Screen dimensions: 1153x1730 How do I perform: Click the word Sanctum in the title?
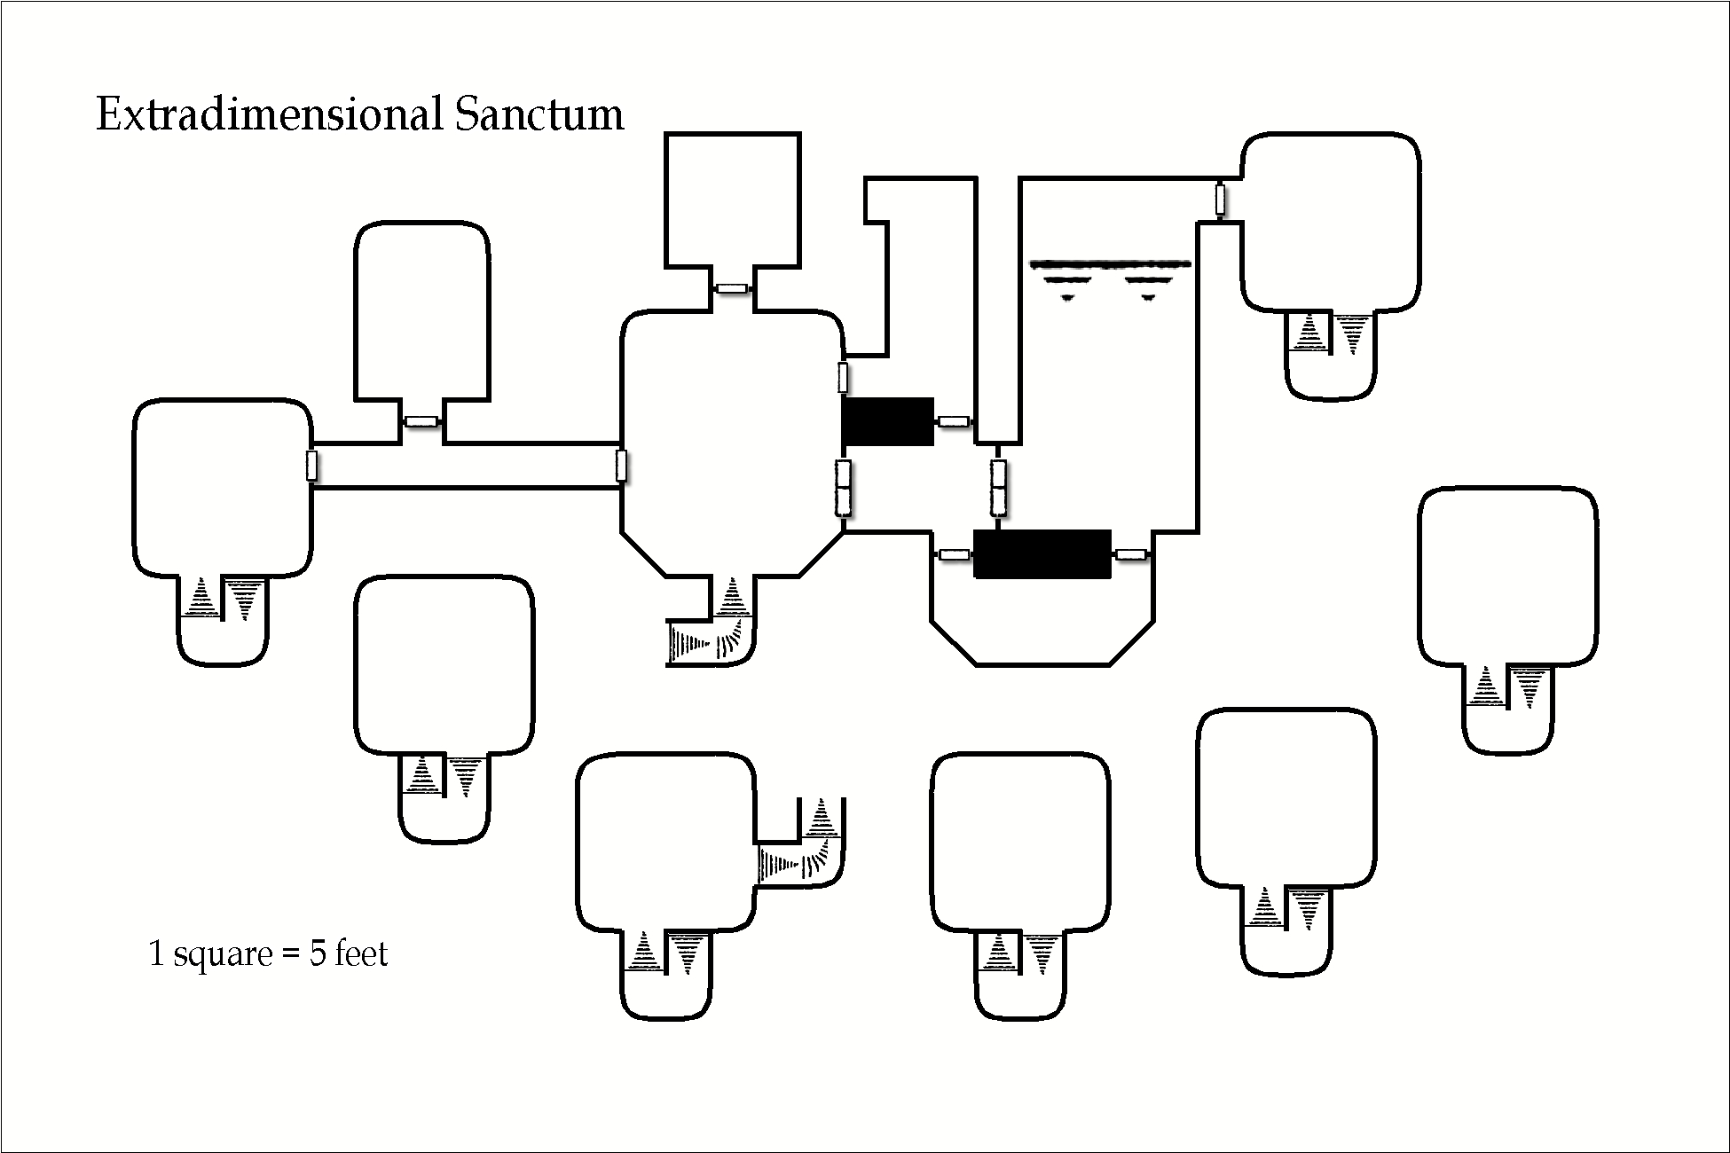pos(539,115)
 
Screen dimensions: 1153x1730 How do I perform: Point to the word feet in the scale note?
pos(361,953)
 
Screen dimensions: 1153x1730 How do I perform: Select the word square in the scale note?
pos(223,955)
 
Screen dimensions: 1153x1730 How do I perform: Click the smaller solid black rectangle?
pos(887,421)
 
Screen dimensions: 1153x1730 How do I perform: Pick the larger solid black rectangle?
pos(1042,554)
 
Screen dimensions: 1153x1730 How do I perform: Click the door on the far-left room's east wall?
pos(311,466)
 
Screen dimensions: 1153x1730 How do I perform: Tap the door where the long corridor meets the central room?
pos(621,466)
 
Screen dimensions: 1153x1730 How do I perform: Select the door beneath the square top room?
pos(733,288)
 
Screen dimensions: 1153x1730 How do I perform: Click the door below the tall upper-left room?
pos(422,421)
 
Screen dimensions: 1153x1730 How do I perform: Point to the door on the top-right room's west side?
pos(1221,200)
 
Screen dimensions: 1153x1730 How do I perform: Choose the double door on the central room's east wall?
pos(843,488)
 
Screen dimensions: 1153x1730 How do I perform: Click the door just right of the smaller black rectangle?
pos(954,421)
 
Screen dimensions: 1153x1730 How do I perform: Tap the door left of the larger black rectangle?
pos(954,554)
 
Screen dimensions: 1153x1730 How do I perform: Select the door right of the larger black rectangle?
pos(1131,554)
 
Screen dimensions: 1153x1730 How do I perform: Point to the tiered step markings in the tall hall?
pos(1109,277)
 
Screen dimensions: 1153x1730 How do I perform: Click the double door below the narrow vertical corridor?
pos(998,488)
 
